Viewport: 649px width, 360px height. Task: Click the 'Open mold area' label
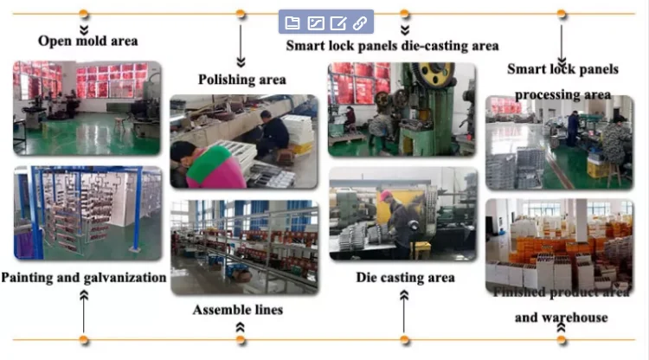tap(87, 41)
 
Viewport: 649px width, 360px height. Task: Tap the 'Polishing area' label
tap(242, 80)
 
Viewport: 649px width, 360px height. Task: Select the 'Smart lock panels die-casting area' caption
tap(392, 46)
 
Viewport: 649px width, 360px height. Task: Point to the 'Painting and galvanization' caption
tap(84, 278)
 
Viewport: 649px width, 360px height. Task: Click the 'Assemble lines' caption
tap(237, 309)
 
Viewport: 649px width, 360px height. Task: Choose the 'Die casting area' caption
tap(405, 278)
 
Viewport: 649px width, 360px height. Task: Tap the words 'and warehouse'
tap(561, 318)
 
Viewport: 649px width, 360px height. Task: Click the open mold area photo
tap(87, 107)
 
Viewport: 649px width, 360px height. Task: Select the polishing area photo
tap(243, 142)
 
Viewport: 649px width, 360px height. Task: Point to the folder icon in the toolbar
tap(292, 22)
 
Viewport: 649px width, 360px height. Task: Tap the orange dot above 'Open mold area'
tap(84, 14)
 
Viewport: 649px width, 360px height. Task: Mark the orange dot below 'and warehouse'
tap(562, 339)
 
